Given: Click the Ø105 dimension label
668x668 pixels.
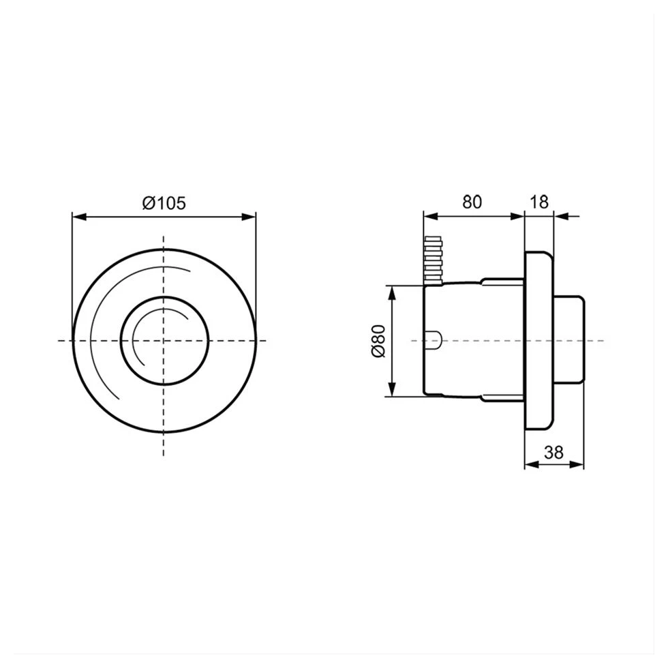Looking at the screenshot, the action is coord(164,203).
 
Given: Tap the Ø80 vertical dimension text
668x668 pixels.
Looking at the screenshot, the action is coord(378,341).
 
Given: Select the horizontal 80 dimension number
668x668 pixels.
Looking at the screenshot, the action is coord(472,202).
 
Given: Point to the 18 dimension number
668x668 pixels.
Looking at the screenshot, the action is coord(539,202).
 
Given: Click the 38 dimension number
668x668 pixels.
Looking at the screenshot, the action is coord(553,452).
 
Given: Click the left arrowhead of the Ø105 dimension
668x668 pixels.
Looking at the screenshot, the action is coord(79,217).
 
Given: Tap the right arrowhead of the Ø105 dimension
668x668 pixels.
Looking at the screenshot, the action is coord(249,217).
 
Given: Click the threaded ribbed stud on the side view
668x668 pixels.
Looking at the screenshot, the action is coord(434,260).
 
